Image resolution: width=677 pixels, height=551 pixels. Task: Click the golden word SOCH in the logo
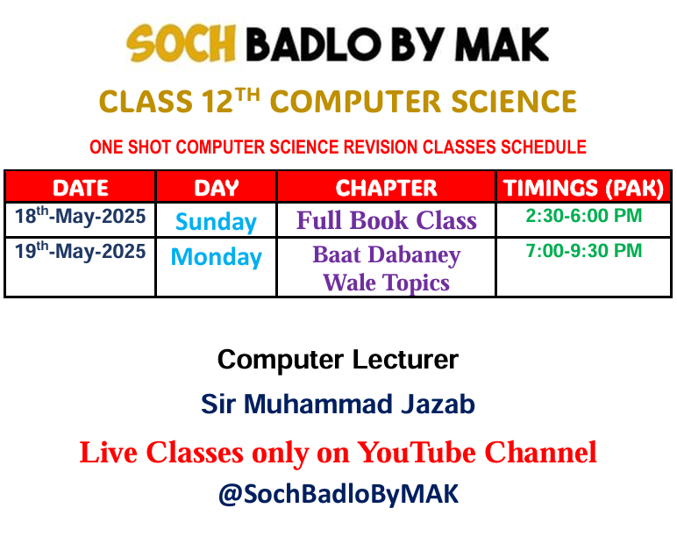coord(182,43)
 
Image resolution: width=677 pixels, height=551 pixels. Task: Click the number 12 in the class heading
coord(217,102)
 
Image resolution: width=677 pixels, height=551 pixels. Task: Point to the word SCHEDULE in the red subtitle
coord(544,147)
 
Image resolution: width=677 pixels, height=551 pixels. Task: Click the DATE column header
coord(81,188)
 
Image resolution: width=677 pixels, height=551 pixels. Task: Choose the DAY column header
coord(217,188)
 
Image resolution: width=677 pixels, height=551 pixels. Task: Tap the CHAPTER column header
coord(387,188)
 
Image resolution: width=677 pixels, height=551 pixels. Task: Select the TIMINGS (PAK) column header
coord(583,189)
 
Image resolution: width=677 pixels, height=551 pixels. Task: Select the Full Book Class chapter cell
coord(387,220)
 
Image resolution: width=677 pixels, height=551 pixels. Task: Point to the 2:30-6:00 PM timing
coord(584,216)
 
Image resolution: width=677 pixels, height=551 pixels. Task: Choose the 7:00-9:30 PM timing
coord(584,250)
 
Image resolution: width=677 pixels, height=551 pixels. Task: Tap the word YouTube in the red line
coord(417,453)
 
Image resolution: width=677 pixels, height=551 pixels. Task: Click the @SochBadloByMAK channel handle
coord(338,494)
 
